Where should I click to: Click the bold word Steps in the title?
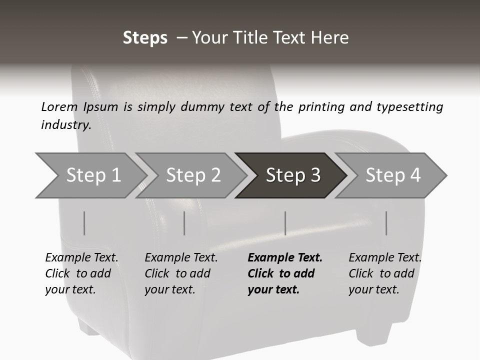(x=145, y=38)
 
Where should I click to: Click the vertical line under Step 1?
(x=84, y=223)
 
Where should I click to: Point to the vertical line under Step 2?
(x=184, y=223)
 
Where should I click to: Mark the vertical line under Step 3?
(x=285, y=223)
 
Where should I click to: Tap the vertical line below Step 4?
(x=386, y=223)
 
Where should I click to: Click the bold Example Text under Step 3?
(x=285, y=273)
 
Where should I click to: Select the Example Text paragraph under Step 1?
(x=81, y=273)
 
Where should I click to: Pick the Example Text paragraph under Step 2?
(x=181, y=273)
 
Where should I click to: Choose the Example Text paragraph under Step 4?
(x=385, y=273)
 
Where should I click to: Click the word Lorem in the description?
(x=59, y=106)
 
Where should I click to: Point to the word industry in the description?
(x=65, y=125)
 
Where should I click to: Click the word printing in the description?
(x=320, y=106)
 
